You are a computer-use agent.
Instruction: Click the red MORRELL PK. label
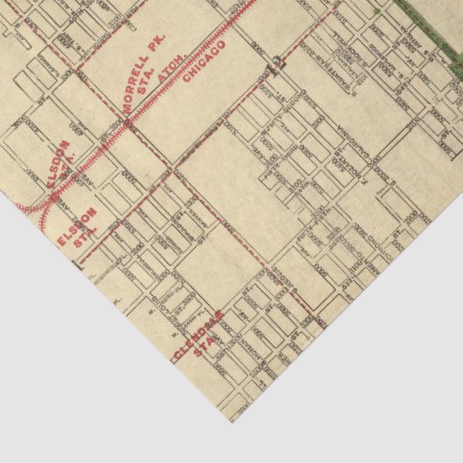tap(142, 76)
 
